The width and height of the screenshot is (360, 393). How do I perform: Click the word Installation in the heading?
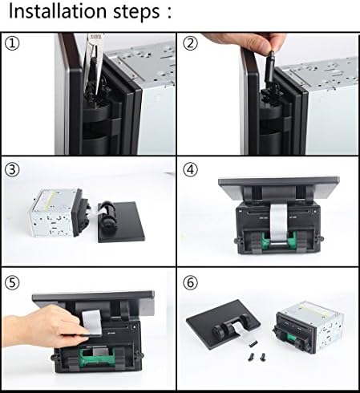(58, 11)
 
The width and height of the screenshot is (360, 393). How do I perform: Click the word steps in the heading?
(136, 12)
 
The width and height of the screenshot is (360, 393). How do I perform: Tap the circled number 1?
(12, 43)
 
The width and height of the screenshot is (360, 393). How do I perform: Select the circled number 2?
(190, 43)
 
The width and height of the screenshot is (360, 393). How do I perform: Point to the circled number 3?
(12, 169)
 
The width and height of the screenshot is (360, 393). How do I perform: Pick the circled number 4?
(190, 169)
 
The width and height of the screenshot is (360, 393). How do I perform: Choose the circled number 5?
(12, 282)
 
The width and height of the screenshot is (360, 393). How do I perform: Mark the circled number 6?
(190, 282)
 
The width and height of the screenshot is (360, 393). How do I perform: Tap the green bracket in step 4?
(278, 239)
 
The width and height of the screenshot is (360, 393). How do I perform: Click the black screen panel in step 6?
(222, 323)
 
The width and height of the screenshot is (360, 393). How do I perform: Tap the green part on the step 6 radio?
(291, 338)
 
